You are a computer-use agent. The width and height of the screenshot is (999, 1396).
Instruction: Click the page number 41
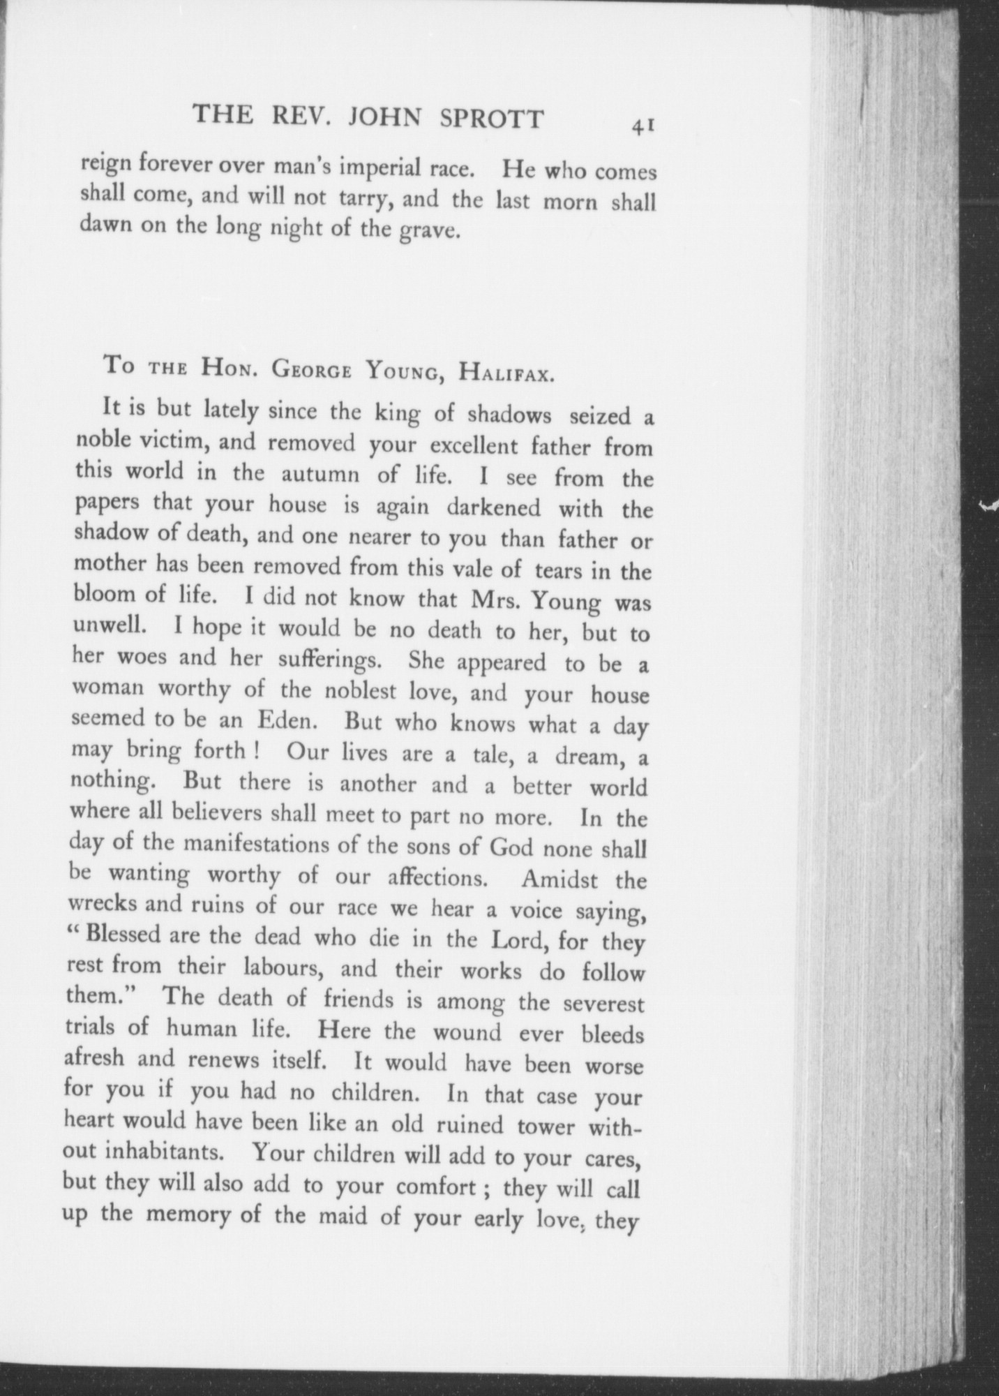coord(642,125)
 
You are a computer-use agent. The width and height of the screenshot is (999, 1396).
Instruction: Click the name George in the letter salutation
coord(312,369)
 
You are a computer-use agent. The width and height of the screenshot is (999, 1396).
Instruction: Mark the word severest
coord(603,1005)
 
